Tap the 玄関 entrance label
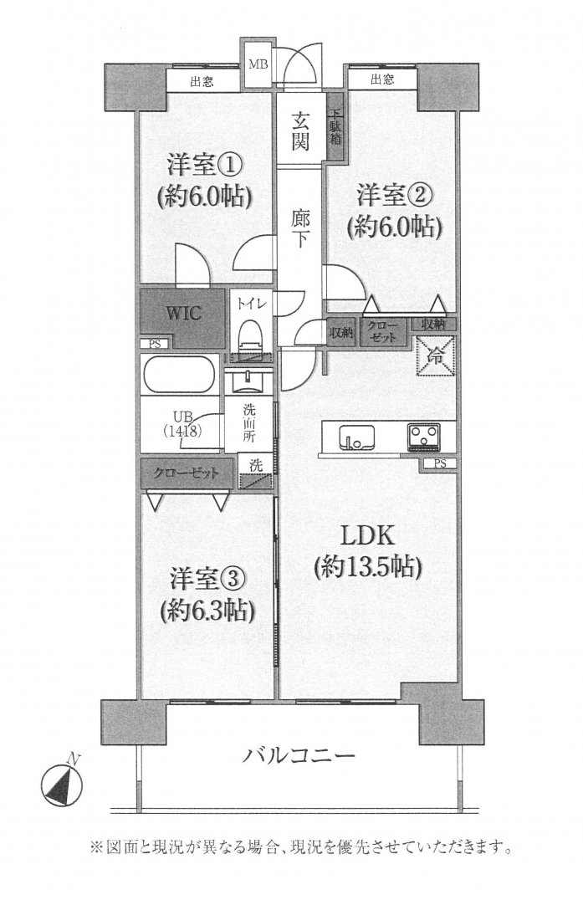pyautogui.click(x=302, y=130)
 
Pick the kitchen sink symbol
pyautogui.click(x=355, y=437)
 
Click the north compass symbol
pyautogui.click(x=61, y=785)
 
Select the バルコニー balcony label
pyautogui.click(x=299, y=757)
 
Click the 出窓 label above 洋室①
pyautogui.click(x=200, y=81)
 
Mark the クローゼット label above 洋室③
pyautogui.click(x=186, y=473)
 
